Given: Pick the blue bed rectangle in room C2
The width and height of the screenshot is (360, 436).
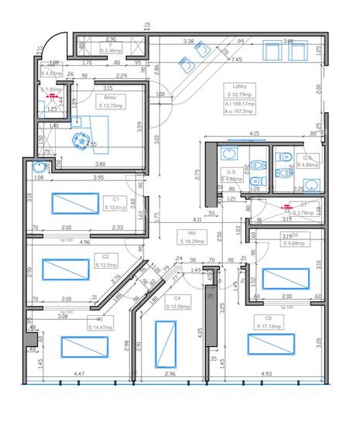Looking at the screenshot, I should pyautogui.click(x=66, y=269).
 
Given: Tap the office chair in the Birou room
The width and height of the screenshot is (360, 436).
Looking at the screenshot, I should pyautogui.click(x=78, y=139).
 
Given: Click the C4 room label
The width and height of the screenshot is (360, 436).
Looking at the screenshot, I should pyautogui.click(x=177, y=298).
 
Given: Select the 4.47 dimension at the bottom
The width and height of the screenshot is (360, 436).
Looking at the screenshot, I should pyautogui.click(x=78, y=374).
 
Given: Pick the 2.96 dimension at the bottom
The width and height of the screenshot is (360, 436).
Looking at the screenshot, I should pyautogui.click(x=170, y=374).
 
